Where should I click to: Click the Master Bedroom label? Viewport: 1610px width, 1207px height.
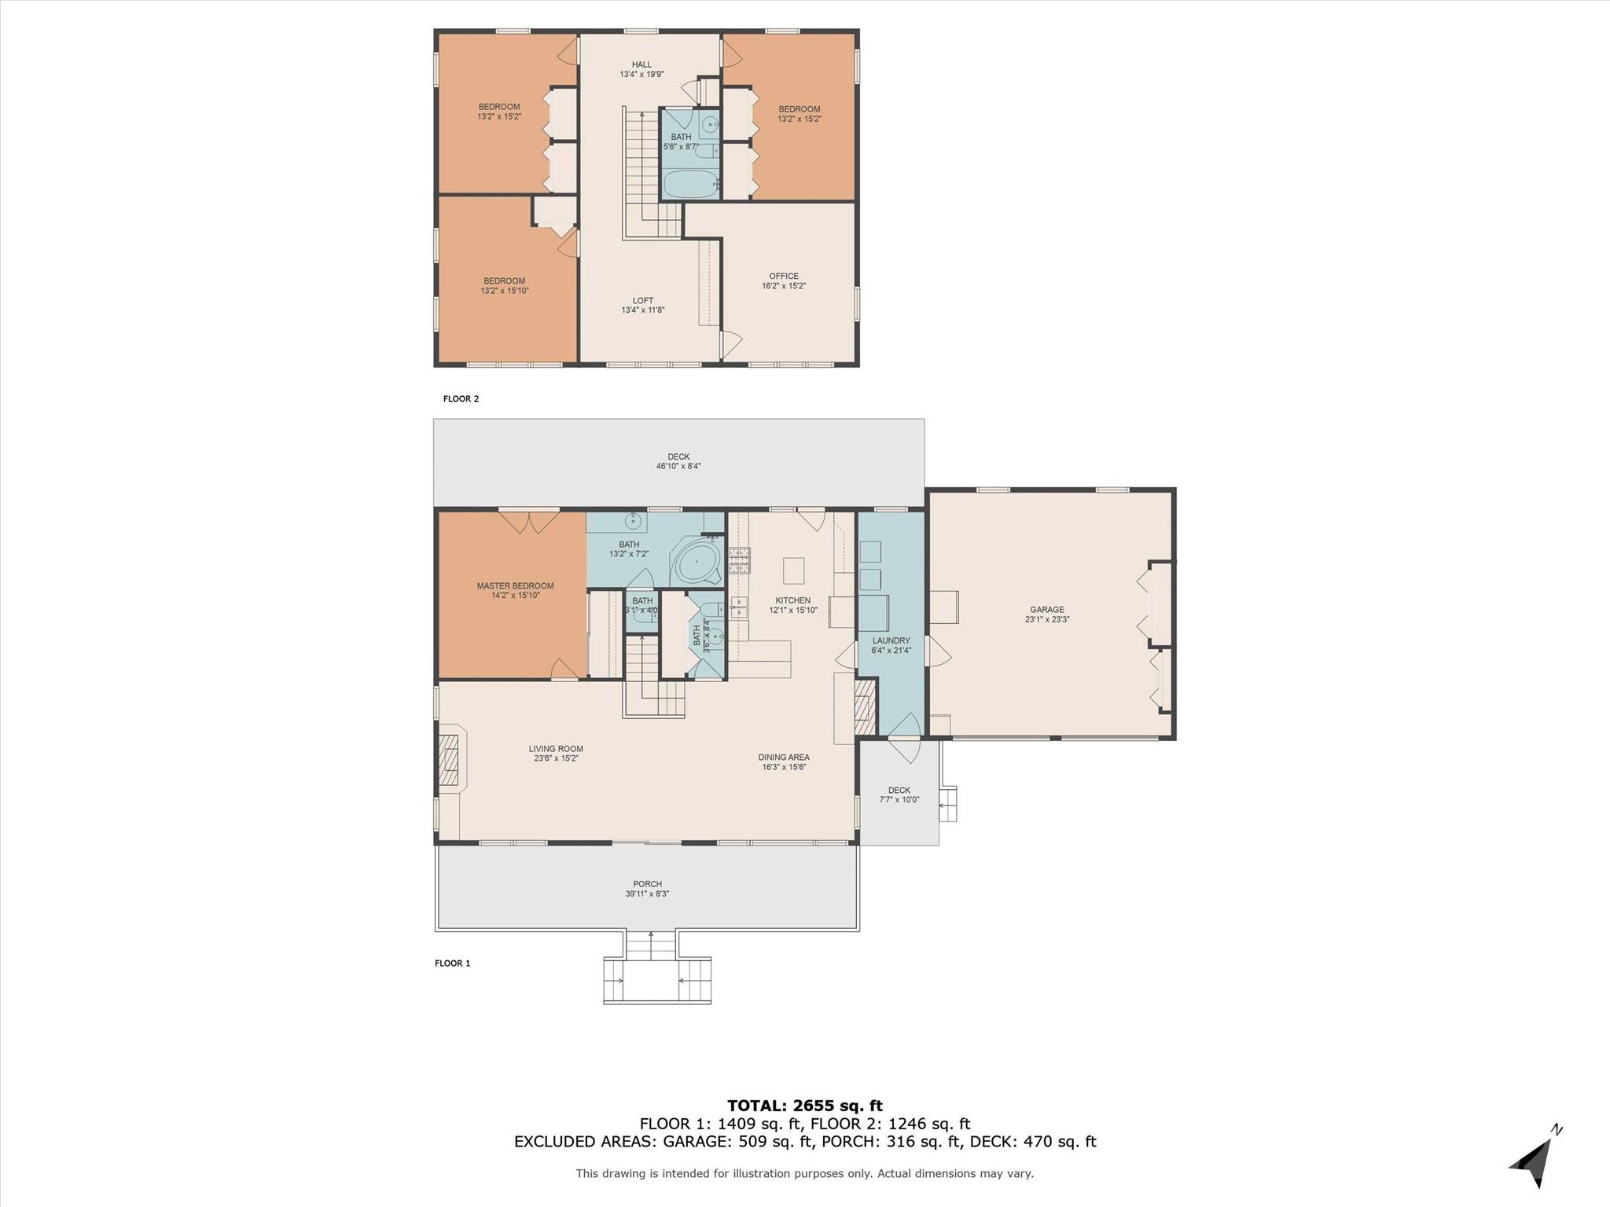click(x=515, y=586)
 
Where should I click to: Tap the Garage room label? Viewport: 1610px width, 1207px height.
click(x=1046, y=610)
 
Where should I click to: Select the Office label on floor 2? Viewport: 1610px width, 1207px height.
click(x=783, y=277)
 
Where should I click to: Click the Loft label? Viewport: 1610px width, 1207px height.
click(x=642, y=301)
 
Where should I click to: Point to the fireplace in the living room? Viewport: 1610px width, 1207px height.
click(x=450, y=760)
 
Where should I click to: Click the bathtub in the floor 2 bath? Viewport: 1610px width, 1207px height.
click(x=690, y=185)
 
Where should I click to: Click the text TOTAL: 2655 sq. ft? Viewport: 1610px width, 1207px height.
click(x=804, y=1106)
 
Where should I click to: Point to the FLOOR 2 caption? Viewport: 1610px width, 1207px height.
click(x=461, y=399)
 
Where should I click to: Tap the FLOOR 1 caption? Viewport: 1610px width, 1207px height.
click(x=452, y=963)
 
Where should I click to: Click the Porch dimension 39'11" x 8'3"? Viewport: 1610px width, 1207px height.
click(x=647, y=894)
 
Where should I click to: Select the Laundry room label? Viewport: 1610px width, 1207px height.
click(x=891, y=640)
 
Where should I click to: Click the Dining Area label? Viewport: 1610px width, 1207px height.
click(x=784, y=758)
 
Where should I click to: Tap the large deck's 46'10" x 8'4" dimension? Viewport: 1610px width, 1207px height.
click(x=678, y=466)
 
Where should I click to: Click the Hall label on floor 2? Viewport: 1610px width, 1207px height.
click(x=641, y=65)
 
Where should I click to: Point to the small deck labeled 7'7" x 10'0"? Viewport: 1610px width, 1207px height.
click(x=899, y=795)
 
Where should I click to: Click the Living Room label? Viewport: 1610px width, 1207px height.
click(x=556, y=749)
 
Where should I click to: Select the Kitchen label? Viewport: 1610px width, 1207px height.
click(x=792, y=600)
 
